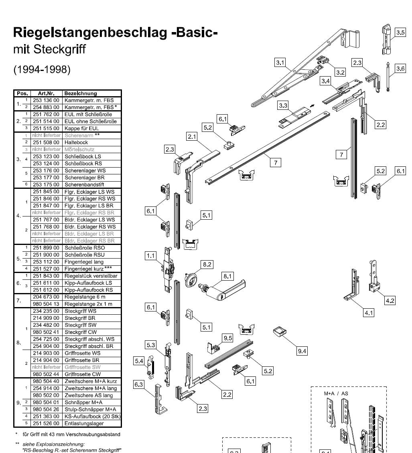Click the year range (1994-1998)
click(x=42, y=69)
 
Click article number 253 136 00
click(x=46, y=100)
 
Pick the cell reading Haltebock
click(x=76, y=142)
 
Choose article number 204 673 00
click(x=46, y=297)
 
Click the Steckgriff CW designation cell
click(x=81, y=332)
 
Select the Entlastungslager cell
click(x=84, y=423)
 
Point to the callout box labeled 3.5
click(x=400, y=32)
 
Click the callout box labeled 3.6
click(x=400, y=69)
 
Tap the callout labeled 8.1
click(x=228, y=276)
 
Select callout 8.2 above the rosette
click(x=207, y=264)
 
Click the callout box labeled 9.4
click(x=302, y=351)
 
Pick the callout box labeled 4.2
click(x=390, y=301)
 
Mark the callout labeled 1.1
click(x=150, y=255)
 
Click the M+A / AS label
click(x=336, y=393)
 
